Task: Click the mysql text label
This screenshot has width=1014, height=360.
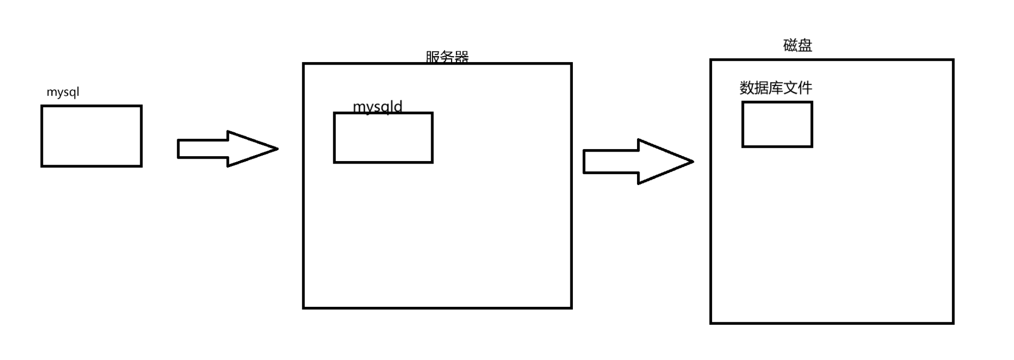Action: coord(63,92)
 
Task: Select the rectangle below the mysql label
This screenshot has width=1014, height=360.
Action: coord(92,136)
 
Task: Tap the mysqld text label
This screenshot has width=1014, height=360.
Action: coord(377,106)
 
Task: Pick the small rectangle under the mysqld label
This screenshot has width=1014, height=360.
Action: coord(383,138)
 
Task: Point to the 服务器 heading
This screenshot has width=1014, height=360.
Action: coord(447,57)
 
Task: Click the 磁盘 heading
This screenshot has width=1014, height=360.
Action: coord(798,45)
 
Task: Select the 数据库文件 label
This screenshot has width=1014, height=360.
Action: coord(776,88)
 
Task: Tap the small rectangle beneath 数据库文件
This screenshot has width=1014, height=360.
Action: coord(777,124)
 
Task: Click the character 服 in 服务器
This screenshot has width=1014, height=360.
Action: coord(433,57)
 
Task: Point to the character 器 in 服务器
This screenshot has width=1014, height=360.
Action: coord(462,57)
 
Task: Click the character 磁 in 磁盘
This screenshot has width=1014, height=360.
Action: coord(790,45)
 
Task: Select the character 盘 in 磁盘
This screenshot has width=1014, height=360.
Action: coord(805,45)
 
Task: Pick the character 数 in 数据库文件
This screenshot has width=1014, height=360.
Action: coord(747,88)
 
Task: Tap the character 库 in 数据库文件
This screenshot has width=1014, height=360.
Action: coord(776,88)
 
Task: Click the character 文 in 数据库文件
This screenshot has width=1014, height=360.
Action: coord(791,88)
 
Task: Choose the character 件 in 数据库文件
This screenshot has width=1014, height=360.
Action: coord(805,88)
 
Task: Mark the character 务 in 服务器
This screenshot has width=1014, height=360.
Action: coord(447,57)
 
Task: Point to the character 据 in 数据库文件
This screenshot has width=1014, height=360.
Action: coord(761,88)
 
